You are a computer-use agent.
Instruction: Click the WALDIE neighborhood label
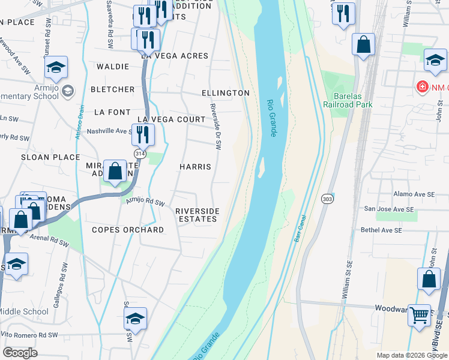112,67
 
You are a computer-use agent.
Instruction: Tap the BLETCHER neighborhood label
112,89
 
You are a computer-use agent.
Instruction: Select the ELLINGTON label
225,93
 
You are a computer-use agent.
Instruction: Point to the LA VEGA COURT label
171,119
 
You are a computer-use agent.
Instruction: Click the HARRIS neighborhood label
195,166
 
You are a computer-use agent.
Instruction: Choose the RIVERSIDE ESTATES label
197,215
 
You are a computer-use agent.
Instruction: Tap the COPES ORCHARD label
128,230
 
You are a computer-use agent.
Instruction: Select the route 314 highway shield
140,154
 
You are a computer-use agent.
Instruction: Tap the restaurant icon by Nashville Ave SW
143,134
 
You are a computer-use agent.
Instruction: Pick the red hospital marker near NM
423,88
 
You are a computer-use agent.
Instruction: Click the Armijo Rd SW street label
145,203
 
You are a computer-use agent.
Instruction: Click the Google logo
20,353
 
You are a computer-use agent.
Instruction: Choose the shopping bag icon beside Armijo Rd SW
114,171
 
